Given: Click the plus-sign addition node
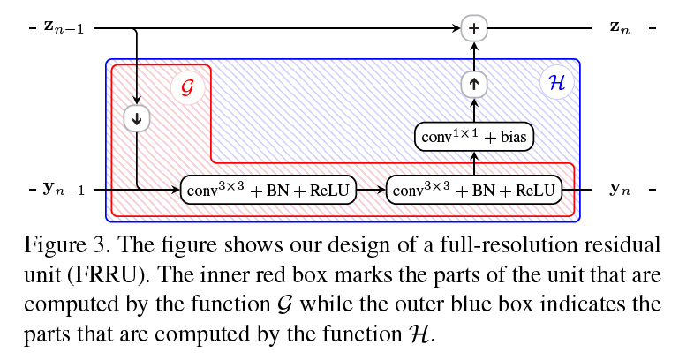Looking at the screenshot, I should [x=474, y=28].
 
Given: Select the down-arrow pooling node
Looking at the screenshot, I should [x=138, y=117].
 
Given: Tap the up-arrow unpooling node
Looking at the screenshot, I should [x=474, y=84].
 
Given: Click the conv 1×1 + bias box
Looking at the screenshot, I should [x=475, y=137].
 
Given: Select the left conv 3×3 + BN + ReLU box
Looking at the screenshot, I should [x=268, y=190].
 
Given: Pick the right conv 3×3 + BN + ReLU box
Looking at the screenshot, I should [x=475, y=190].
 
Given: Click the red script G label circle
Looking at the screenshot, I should [x=186, y=87].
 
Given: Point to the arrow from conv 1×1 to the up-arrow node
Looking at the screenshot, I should [x=474, y=109].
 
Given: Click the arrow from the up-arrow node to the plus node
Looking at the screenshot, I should [x=474, y=56].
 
